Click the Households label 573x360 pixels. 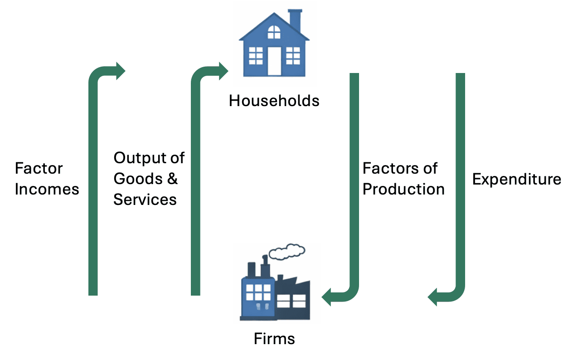tap(274, 100)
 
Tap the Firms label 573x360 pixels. tap(274, 338)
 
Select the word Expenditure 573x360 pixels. tap(516, 180)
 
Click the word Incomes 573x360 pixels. tap(47, 189)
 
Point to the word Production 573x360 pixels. tap(403, 189)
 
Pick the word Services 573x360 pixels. tap(145, 199)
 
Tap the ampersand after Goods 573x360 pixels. tap(172, 179)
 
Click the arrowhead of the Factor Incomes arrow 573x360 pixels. tap(120, 71)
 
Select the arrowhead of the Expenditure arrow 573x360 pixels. tap(433, 297)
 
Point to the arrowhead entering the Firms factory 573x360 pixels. tap(327, 297)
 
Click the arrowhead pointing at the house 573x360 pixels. tap(223, 71)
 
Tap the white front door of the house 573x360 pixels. tap(274, 61)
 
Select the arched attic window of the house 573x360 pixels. tap(274, 32)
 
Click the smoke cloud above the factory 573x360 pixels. tap(286, 251)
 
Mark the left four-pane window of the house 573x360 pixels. tap(255, 56)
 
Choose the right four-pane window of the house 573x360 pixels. tap(293, 56)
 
